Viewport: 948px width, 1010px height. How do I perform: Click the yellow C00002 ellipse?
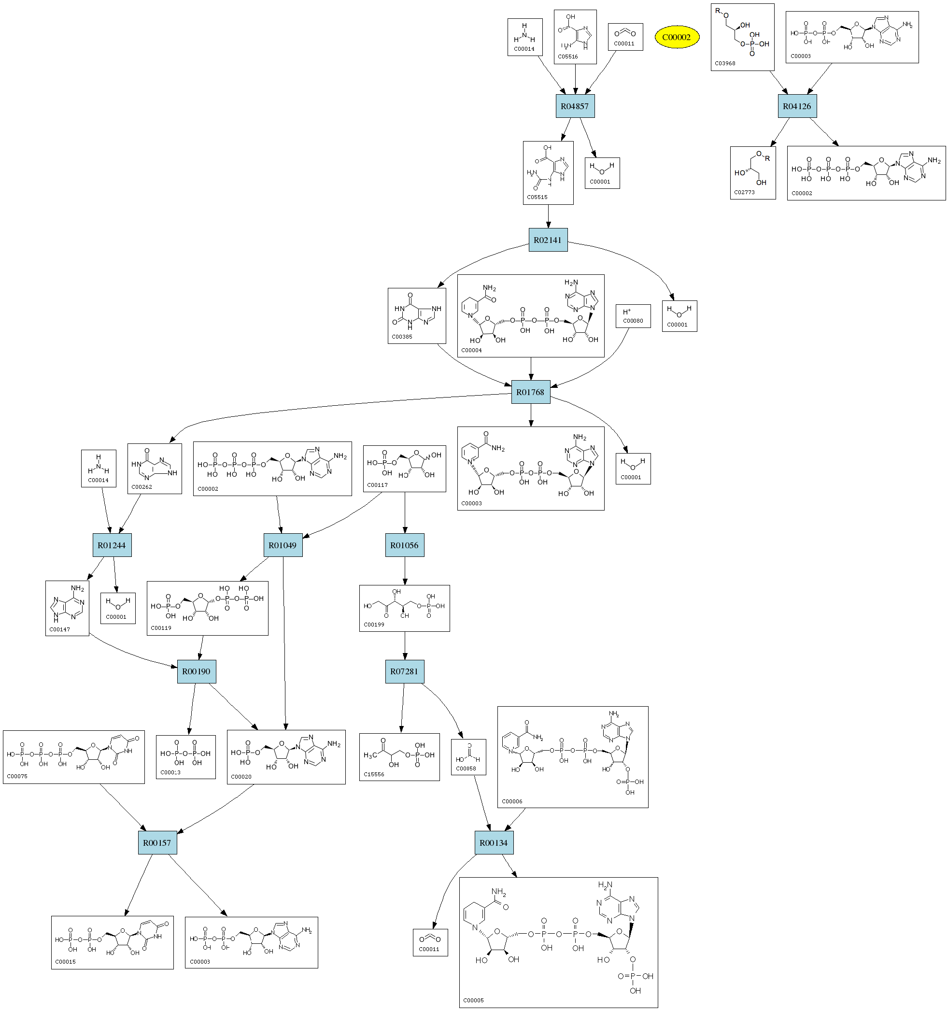tap(677, 37)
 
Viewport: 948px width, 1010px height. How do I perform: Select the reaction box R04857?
tap(575, 106)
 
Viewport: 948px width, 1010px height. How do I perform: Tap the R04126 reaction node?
tap(797, 106)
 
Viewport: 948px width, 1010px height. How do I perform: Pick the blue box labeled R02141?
tap(548, 240)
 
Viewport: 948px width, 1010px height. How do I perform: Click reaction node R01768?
tap(530, 392)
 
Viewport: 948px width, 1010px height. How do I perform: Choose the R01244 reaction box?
tap(112, 545)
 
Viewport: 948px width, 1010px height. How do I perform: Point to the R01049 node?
tap(283, 545)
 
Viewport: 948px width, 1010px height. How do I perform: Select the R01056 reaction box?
tap(404, 545)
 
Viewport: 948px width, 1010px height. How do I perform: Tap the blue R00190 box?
tap(196, 671)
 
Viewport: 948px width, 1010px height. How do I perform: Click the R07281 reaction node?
tap(404, 671)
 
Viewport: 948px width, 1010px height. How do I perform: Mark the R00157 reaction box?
tap(157, 843)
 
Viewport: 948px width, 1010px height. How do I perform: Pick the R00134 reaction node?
tap(493, 843)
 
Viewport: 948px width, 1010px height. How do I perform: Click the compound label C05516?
tap(567, 57)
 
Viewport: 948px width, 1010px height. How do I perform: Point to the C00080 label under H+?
tap(633, 321)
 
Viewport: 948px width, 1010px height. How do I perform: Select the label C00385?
tap(402, 337)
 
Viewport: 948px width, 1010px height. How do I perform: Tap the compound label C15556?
tap(374, 774)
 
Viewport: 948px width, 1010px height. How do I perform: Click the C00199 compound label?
tap(374, 625)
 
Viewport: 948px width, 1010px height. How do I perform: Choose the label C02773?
tap(744, 193)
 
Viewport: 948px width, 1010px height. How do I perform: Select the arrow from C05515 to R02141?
tap(548, 216)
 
